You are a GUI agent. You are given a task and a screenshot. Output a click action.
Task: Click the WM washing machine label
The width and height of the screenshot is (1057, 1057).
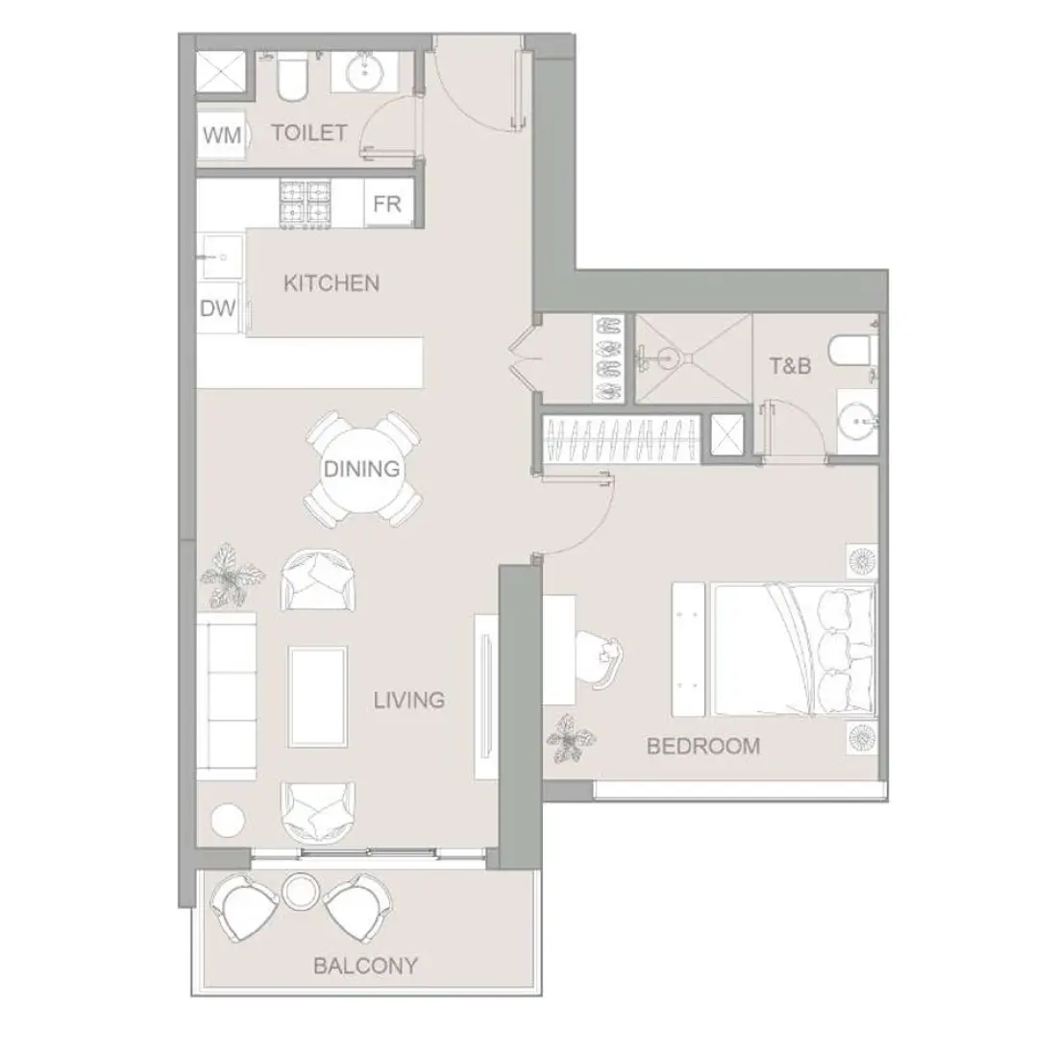[x=222, y=134]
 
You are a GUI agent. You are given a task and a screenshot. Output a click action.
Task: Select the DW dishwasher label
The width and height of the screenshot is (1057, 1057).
[x=217, y=309]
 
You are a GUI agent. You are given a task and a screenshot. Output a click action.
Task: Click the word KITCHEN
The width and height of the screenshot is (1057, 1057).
[x=332, y=283]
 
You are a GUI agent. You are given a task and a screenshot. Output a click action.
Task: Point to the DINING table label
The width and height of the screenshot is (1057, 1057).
[x=361, y=470]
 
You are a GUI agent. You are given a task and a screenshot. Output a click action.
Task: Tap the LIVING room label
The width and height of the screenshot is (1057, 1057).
[x=409, y=700]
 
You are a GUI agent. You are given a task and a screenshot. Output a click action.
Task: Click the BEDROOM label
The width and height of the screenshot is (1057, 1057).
[x=703, y=746]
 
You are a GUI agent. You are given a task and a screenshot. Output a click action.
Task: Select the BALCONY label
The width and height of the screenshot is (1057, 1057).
[x=365, y=965]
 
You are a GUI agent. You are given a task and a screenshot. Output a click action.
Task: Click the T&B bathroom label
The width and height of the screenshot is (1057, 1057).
[x=791, y=366]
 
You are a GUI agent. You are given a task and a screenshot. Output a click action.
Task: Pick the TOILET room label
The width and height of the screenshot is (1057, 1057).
[x=308, y=133]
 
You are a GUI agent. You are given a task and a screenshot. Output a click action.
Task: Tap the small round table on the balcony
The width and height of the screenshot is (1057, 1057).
[x=299, y=890]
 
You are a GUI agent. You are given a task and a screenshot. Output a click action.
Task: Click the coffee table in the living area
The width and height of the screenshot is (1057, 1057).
[x=318, y=697]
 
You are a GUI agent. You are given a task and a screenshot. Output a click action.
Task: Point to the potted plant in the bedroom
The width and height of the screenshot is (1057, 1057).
[x=570, y=739]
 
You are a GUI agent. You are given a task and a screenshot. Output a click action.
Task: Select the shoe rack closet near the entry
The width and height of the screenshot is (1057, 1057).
[x=607, y=356]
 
